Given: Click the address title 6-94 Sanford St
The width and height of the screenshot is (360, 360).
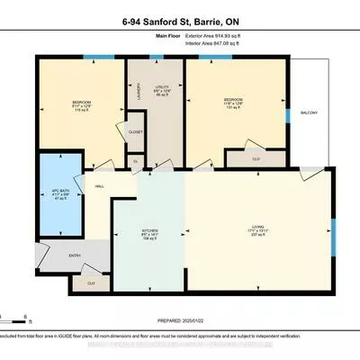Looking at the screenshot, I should (x=180, y=15).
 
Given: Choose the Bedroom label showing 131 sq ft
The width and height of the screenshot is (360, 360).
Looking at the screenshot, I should (x=235, y=103).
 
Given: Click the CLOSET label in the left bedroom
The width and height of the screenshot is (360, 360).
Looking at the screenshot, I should (x=136, y=131).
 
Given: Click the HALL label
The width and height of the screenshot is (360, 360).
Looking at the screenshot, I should (x=100, y=187).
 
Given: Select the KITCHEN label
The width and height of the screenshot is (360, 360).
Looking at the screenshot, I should (x=149, y=235).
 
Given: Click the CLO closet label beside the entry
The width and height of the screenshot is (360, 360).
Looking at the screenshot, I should (x=90, y=283).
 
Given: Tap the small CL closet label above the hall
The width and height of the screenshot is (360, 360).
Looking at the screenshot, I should (x=136, y=162).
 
